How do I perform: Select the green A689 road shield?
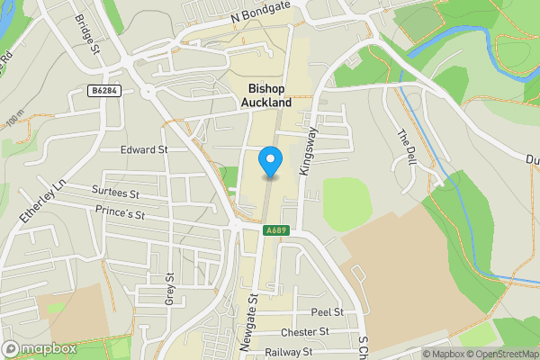click(276, 231)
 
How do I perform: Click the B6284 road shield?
click(105, 90)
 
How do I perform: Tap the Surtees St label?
click(115, 193)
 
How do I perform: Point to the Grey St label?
click(168, 289)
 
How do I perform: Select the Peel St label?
click(327, 312)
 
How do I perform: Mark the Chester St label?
click(304, 332)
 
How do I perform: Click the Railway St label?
click(288, 352)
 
